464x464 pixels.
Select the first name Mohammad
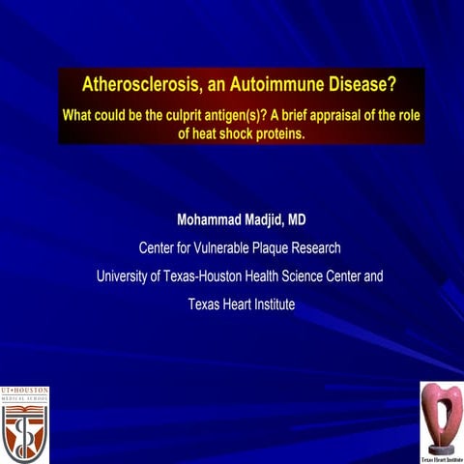[x=213, y=219]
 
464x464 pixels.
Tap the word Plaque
[x=286, y=247]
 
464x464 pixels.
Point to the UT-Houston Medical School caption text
[x=24, y=395]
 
